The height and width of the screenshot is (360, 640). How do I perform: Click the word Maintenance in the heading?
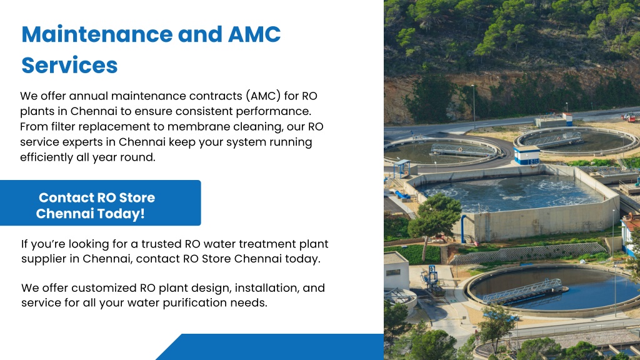tap(97, 34)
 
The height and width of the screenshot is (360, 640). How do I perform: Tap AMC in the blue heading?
tap(254, 34)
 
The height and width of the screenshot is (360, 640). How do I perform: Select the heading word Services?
tap(69, 65)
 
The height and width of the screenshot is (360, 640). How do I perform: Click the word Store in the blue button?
tap(137, 198)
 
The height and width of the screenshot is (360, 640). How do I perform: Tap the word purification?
tap(195, 303)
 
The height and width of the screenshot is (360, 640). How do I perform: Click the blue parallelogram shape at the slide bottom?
tap(270, 347)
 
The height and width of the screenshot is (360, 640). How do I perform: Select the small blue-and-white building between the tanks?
tap(526, 155)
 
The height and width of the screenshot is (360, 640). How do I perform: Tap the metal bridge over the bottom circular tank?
tap(524, 292)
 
